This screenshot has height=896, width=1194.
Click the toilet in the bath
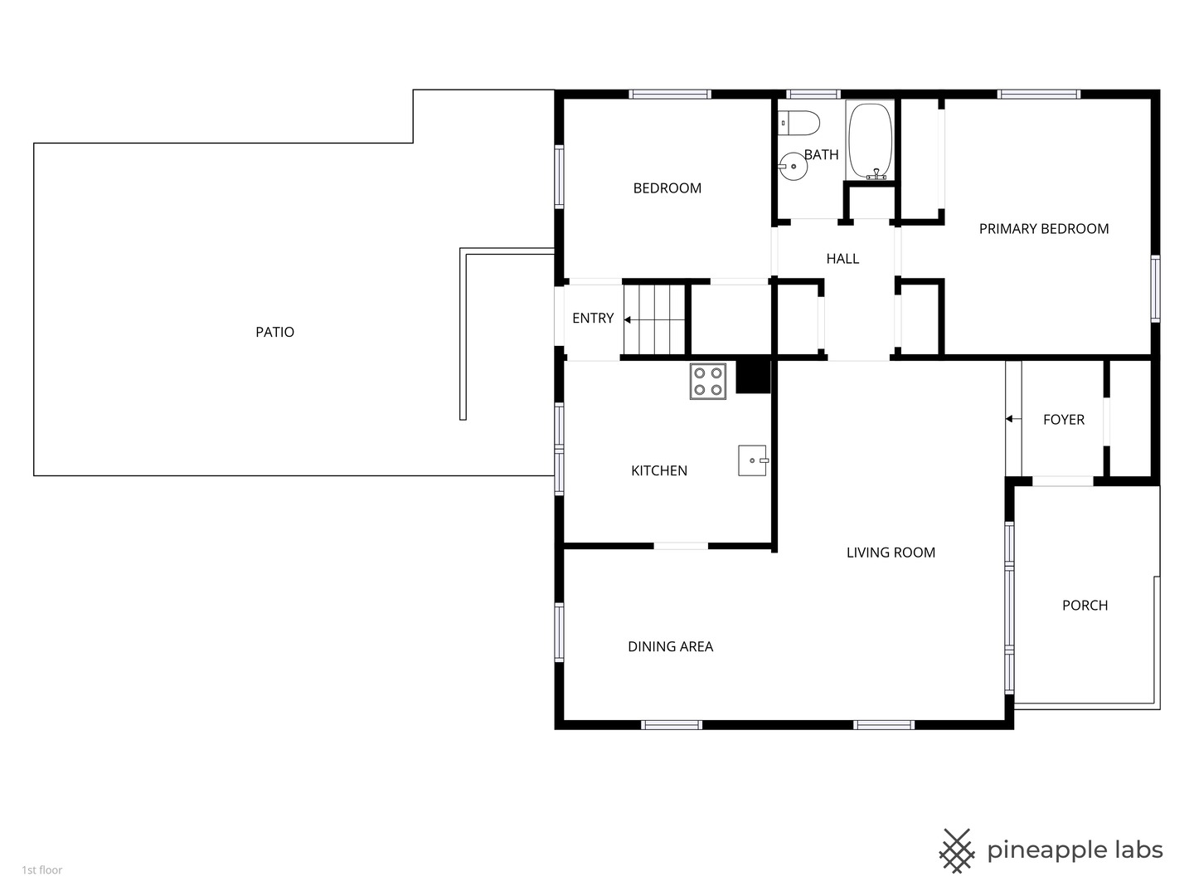tap(798, 124)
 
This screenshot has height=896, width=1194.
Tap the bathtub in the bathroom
tap(870, 140)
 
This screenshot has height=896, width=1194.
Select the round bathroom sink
tap(794, 166)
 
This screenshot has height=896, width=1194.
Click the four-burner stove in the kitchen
tap(708, 382)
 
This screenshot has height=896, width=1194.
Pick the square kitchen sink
tap(753, 460)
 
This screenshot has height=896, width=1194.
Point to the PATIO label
tap(274, 332)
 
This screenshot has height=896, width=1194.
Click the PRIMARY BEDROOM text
tap(1043, 228)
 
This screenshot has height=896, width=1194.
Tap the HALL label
tap(842, 258)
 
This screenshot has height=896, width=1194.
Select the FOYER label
tap(1064, 420)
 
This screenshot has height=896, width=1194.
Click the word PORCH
tap(1085, 605)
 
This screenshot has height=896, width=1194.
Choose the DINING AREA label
tap(670, 646)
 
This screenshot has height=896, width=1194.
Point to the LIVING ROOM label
tap(891, 553)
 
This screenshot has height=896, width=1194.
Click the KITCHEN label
tap(658, 470)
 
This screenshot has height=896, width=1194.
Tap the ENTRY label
tap(593, 318)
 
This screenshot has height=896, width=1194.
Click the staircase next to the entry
tap(654, 320)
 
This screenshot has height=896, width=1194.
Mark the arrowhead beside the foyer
tap(1009, 419)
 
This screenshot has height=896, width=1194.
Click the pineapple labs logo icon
tap(956, 851)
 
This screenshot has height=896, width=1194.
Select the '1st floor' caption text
tap(42, 870)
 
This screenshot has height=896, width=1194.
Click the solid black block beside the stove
tap(753, 377)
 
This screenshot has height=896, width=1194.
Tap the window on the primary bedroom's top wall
tap(1038, 94)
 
